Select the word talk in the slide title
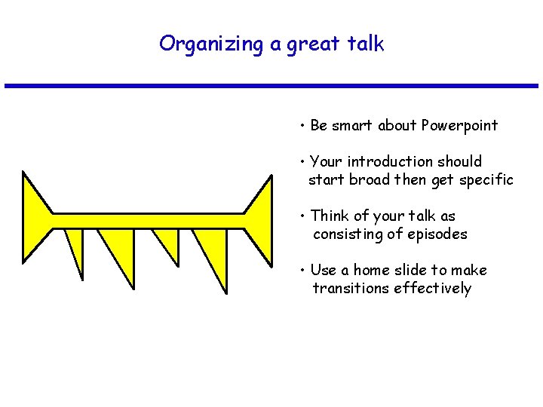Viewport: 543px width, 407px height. [365, 44]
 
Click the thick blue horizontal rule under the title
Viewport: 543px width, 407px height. [271, 86]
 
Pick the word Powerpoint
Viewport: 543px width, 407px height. [459, 126]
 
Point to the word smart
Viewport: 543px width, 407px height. [352, 126]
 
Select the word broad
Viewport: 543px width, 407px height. [369, 180]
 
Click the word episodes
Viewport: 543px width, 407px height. [437, 234]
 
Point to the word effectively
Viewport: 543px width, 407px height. [435, 289]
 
